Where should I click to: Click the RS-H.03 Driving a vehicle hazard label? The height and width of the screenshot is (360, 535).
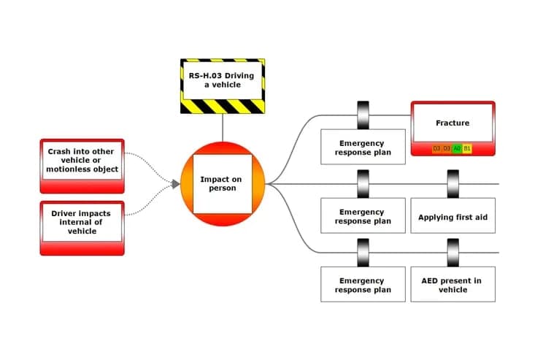(223, 86)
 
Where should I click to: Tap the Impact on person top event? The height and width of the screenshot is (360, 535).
(223, 184)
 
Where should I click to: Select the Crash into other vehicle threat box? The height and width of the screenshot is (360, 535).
(82, 166)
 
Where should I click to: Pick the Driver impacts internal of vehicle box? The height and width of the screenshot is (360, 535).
(82, 229)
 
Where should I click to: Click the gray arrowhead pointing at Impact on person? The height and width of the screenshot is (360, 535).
(176, 184)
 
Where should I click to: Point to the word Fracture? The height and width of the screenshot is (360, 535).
(453, 123)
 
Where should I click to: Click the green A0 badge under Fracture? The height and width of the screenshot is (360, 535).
(457, 148)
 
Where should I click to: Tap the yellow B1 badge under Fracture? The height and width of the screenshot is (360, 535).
(467, 148)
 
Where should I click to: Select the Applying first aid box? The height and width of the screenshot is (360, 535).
(453, 215)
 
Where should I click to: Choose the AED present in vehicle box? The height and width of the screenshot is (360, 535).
(453, 284)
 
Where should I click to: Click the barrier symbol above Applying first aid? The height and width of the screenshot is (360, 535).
(453, 184)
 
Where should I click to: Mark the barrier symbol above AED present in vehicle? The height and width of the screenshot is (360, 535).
(453, 253)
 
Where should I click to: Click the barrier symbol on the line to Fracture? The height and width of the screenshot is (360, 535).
(363, 115)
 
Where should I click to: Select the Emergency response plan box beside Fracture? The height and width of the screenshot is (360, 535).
(363, 147)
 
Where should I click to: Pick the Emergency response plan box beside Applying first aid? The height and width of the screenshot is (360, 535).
(363, 215)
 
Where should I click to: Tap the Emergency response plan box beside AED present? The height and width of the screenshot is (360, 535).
(363, 284)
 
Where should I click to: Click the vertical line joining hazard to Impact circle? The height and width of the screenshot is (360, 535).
(223, 128)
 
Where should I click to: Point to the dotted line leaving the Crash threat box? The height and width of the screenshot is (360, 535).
(149, 166)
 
